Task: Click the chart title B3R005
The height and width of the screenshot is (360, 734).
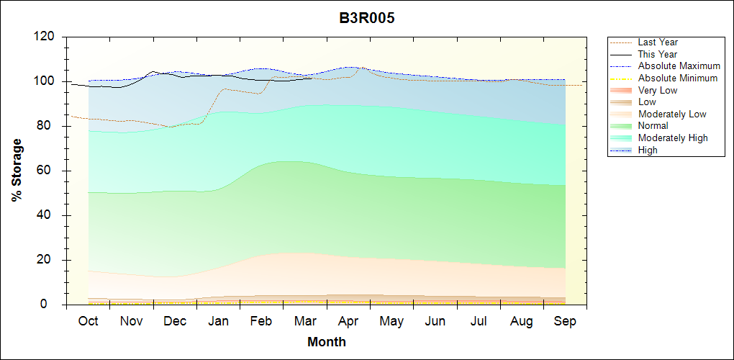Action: tap(367, 19)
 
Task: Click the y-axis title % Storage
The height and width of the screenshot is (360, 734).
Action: tap(17, 174)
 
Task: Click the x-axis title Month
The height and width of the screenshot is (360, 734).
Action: tap(327, 342)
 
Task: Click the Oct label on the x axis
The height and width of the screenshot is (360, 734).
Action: tap(88, 320)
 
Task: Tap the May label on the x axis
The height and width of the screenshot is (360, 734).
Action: tap(391, 320)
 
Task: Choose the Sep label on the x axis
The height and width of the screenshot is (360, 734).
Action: tap(565, 320)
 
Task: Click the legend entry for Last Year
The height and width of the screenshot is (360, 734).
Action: tap(658, 42)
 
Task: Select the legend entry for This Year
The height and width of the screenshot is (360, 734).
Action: tap(658, 55)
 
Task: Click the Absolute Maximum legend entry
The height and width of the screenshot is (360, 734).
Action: tap(679, 66)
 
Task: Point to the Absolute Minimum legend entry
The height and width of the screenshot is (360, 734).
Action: tap(678, 78)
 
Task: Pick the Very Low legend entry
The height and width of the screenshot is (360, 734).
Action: tap(658, 91)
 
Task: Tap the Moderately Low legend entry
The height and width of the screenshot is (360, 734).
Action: tap(672, 114)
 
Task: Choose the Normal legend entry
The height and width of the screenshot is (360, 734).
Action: tap(653, 126)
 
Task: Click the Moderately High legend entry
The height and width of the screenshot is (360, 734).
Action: tap(673, 138)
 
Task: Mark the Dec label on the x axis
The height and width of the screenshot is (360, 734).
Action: tap(175, 320)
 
